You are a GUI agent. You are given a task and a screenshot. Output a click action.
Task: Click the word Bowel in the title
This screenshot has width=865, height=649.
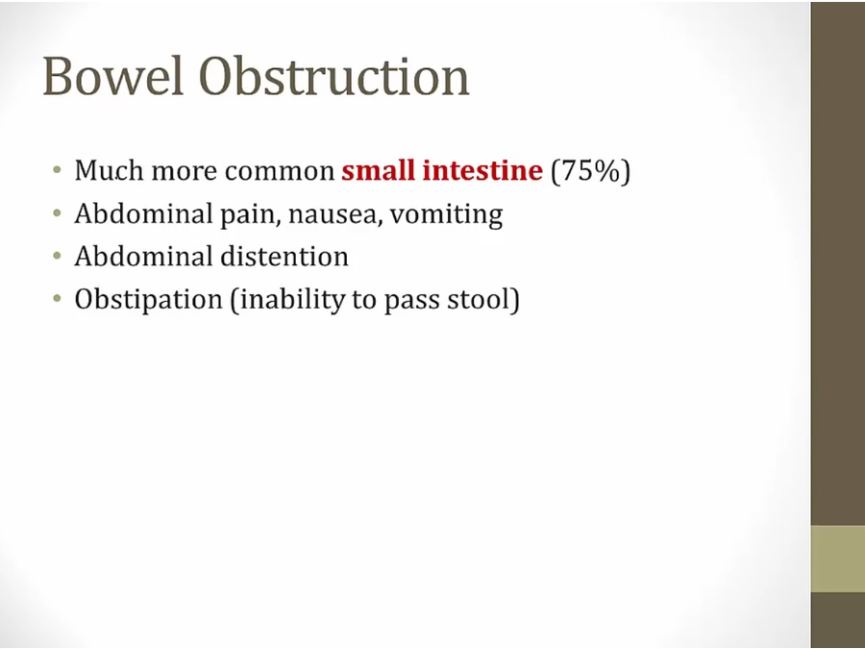point(112,76)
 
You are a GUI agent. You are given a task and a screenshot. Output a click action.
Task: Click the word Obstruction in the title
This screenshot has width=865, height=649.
point(334,76)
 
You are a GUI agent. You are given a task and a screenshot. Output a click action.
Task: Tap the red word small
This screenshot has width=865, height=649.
point(379,170)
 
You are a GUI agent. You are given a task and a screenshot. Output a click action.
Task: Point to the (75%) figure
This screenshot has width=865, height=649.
point(590,171)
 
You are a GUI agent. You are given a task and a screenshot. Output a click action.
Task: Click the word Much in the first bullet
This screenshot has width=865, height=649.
point(110,170)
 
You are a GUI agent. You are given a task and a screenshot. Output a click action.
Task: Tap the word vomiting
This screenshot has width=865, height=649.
point(446,214)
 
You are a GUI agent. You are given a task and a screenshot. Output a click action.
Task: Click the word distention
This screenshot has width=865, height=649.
point(284,257)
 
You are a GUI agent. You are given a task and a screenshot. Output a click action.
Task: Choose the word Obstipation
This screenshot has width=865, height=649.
point(148,300)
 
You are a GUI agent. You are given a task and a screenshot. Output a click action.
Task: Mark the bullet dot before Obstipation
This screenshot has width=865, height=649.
point(58,299)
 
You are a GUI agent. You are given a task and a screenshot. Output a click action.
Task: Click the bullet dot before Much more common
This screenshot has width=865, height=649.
point(58,169)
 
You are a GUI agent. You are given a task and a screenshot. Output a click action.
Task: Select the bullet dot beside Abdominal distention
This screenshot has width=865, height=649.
point(58,256)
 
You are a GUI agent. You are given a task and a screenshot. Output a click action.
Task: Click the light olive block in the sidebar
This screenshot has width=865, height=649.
point(838,559)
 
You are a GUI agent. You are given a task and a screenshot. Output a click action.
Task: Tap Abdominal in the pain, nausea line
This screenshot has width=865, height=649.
point(144,213)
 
